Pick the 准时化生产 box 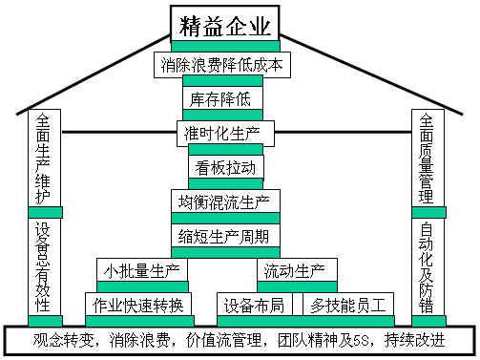point(225,133)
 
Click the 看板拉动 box point(225,167)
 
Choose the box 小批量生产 point(142,270)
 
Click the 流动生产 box point(292,270)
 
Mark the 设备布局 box point(253,305)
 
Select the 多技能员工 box point(348,305)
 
